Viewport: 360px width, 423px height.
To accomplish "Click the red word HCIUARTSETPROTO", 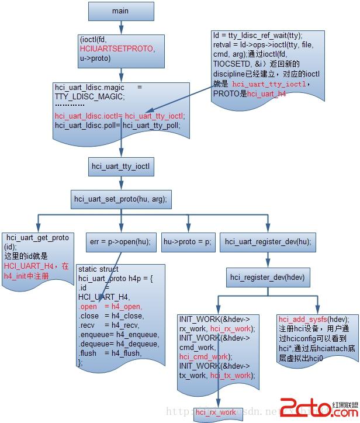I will click(x=118, y=48).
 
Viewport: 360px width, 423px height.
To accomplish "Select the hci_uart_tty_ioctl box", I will click(x=121, y=167).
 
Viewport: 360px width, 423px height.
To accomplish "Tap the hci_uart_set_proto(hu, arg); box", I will click(x=121, y=199).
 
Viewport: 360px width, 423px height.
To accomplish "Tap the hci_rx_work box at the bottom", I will click(x=216, y=412).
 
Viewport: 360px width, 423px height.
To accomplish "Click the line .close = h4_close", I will click(x=110, y=316).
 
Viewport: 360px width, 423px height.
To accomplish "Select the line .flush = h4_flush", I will click(x=110, y=352).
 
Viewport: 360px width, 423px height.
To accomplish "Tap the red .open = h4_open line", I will click(x=110, y=307).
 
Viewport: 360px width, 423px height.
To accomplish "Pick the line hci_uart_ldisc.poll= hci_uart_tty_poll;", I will click(x=122, y=125).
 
